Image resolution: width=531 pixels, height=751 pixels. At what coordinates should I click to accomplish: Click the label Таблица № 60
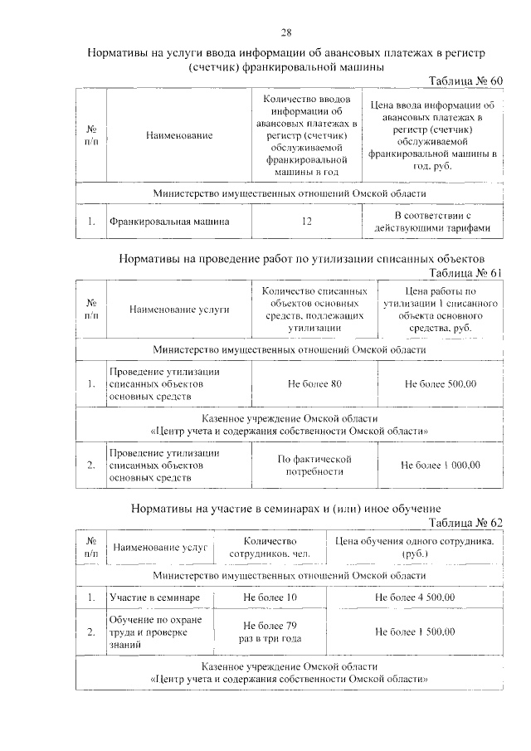click(x=465, y=80)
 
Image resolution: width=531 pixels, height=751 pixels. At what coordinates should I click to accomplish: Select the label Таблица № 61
click(x=465, y=273)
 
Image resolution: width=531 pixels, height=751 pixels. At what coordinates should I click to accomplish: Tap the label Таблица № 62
click(x=465, y=522)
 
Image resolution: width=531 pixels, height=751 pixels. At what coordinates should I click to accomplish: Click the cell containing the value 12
click(x=307, y=222)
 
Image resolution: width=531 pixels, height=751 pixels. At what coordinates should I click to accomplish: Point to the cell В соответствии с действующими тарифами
click(x=432, y=222)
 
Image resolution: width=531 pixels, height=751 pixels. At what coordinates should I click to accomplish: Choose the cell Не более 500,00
click(x=440, y=384)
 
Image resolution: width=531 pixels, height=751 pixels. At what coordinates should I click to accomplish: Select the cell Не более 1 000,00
click(x=440, y=465)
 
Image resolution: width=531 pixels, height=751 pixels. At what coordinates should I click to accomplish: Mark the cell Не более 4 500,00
click(x=415, y=597)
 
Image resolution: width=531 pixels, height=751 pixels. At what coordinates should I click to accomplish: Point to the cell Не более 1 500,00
click(x=415, y=632)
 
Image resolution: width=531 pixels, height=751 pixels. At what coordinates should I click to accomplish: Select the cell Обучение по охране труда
click(x=160, y=632)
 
